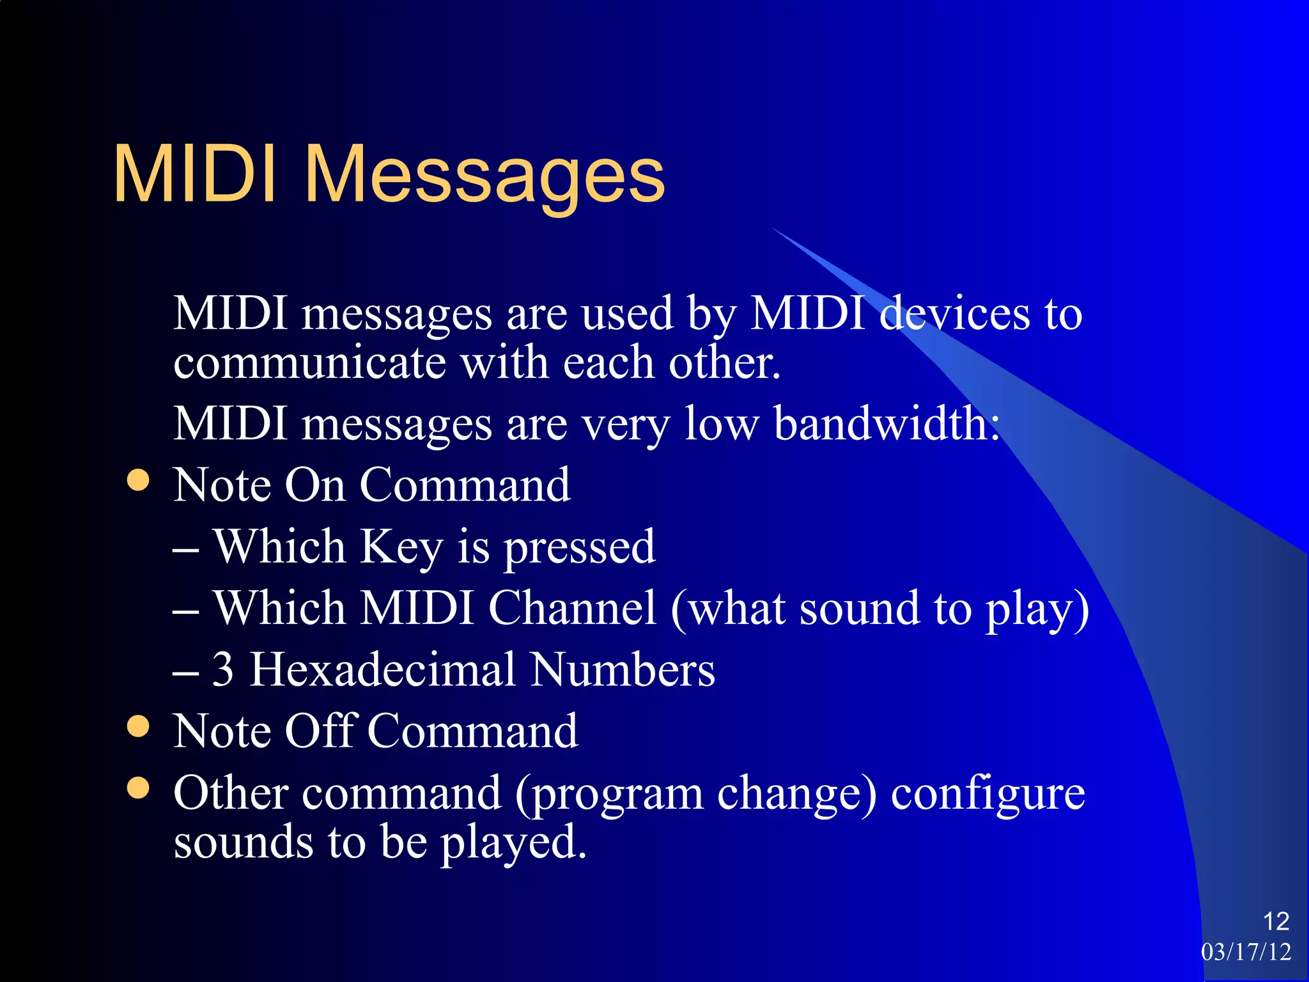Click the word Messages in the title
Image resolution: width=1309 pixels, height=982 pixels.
[484, 176]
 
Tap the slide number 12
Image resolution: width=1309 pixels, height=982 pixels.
[1276, 921]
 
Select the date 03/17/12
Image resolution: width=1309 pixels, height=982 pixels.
[1246, 952]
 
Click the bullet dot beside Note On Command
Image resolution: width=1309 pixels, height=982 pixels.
[138, 480]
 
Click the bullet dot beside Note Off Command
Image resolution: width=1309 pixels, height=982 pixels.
[138, 726]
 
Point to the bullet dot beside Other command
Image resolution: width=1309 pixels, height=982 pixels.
[138, 788]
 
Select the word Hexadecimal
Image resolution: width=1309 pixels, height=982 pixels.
[382, 669]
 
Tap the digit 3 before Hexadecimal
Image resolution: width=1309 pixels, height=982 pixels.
[222, 669]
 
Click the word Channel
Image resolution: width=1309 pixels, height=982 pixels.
[572, 608]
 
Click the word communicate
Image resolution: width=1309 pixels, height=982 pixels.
[309, 363]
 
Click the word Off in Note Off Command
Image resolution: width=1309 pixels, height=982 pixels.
[320, 731]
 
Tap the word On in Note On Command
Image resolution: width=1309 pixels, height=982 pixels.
[314, 485]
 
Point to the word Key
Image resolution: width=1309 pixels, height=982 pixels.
[401, 549]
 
